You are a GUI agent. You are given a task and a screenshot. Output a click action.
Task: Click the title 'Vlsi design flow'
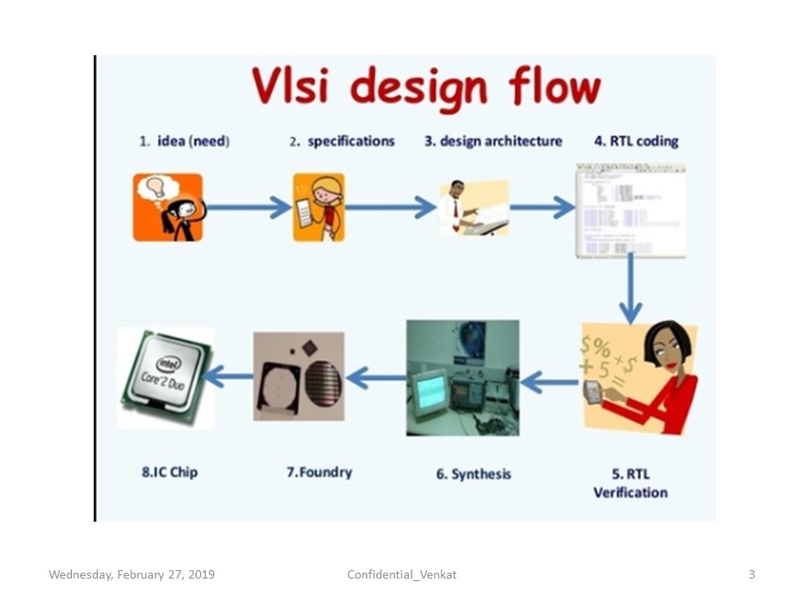coord(427,89)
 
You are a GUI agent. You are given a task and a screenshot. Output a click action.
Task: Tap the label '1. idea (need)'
coord(184,141)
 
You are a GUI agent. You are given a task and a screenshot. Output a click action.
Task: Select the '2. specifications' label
coord(341,141)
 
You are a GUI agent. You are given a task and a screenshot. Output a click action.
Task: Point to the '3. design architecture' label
coord(493,141)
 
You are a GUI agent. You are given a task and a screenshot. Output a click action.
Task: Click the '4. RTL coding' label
coord(636,141)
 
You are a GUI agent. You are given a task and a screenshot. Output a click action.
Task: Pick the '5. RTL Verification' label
coord(631,483)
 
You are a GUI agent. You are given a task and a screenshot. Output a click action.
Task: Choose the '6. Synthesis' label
coord(473,474)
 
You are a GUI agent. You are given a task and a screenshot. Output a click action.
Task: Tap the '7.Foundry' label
coord(319,472)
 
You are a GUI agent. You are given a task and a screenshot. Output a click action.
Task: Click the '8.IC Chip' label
coord(169,472)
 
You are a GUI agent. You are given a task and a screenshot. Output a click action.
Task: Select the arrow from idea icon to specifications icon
coord(248,207)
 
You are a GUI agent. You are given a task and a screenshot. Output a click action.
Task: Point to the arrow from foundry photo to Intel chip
coord(228,376)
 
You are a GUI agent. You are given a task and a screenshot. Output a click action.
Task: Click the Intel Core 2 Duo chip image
coord(166,378)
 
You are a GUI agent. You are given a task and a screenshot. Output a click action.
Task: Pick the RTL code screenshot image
coord(630,210)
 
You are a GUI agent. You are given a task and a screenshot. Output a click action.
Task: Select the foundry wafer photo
coord(299,376)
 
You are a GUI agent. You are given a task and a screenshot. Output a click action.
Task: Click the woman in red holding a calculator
coord(661,376)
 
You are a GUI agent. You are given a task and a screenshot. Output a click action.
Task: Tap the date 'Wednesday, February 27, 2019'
coord(131,574)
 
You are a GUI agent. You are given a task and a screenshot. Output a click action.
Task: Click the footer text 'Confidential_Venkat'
coord(401,574)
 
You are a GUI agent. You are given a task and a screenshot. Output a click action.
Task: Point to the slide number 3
coord(751,574)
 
